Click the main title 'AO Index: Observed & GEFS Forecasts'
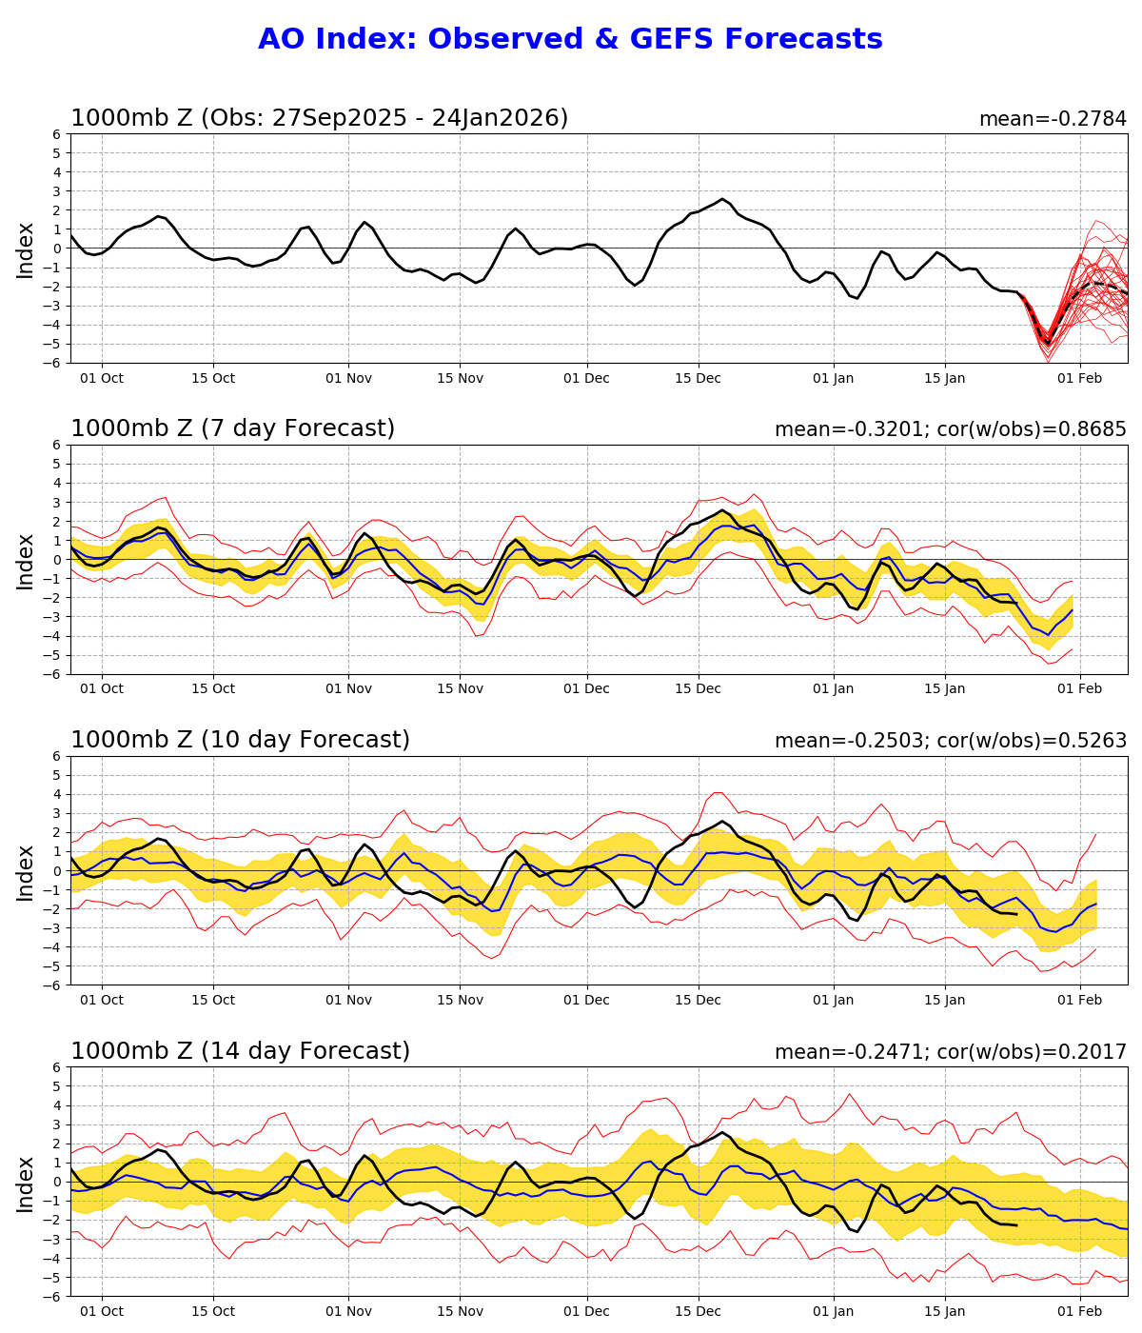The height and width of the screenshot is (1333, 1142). click(570, 39)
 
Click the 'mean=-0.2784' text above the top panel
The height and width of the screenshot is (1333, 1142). click(1053, 119)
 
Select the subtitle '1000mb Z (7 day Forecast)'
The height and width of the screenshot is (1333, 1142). click(232, 428)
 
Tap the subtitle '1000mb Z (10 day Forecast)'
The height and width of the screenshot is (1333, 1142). click(240, 740)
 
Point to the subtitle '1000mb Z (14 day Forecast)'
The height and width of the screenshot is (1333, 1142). click(240, 1051)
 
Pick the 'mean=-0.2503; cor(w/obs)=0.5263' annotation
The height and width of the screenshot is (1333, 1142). click(950, 741)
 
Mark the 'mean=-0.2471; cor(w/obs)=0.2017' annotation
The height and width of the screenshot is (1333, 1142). click(950, 1052)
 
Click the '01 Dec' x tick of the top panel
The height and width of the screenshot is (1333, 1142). click(586, 378)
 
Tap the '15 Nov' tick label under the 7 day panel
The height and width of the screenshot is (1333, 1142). click(460, 688)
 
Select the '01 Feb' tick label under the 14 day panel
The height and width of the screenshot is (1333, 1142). click(1080, 1311)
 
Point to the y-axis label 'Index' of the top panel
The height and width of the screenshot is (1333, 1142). click(26, 249)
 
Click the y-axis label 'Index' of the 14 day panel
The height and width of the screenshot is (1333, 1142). click(26, 1183)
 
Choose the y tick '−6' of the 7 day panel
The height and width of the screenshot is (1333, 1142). click(54, 674)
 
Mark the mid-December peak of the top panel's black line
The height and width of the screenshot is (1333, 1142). click(722, 199)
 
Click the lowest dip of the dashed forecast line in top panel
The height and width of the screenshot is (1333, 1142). click(1048, 343)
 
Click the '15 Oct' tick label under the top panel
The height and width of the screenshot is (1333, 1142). click(212, 378)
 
